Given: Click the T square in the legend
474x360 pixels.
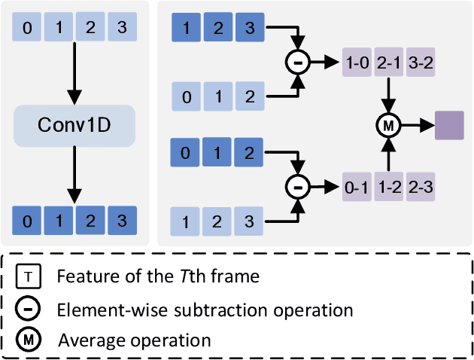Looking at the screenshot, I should (x=28, y=276).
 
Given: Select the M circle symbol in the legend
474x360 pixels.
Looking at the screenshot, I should (x=28, y=340).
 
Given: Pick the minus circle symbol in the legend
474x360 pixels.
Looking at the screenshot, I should (x=28, y=308).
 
